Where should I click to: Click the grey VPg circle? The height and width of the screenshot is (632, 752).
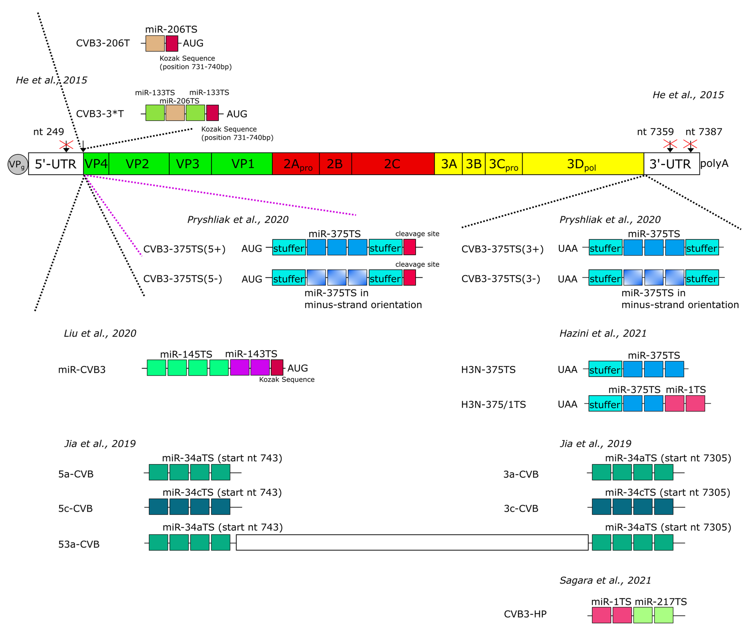click(x=17, y=164)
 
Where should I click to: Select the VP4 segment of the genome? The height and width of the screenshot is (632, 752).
click(x=96, y=164)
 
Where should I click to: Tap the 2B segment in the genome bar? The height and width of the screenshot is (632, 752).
click(x=335, y=164)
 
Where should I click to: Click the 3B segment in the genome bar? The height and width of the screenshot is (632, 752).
click(x=473, y=164)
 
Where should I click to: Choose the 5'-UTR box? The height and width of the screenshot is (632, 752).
click(x=56, y=164)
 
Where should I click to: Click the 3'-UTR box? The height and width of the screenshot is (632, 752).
click(x=671, y=164)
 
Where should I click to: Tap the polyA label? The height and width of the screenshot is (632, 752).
click(x=714, y=163)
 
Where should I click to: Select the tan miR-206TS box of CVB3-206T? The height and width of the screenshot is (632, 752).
click(x=155, y=43)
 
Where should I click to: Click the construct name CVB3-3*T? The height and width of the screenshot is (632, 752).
click(x=100, y=114)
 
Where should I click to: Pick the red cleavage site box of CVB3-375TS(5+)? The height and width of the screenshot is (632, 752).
click(x=409, y=247)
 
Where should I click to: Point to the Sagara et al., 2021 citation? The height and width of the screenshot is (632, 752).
click(x=605, y=580)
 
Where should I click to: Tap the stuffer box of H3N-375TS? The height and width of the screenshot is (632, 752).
click(x=605, y=369)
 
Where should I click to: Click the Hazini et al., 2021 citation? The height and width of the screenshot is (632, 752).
click(x=603, y=333)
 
